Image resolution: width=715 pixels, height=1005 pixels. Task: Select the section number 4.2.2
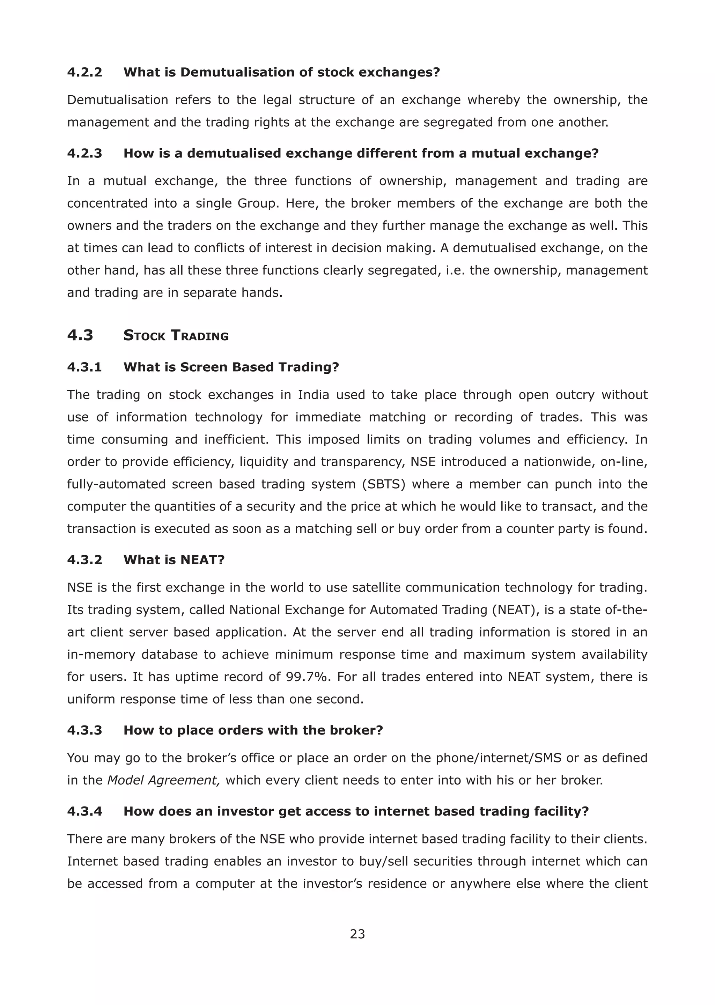(84, 72)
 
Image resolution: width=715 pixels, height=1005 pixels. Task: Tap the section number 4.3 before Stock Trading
(80, 335)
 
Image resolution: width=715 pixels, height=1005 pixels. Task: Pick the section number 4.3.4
(84, 811)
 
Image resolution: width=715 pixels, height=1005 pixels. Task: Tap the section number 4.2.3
(84, 153)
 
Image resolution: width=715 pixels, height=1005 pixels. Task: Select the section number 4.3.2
(84, 560)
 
